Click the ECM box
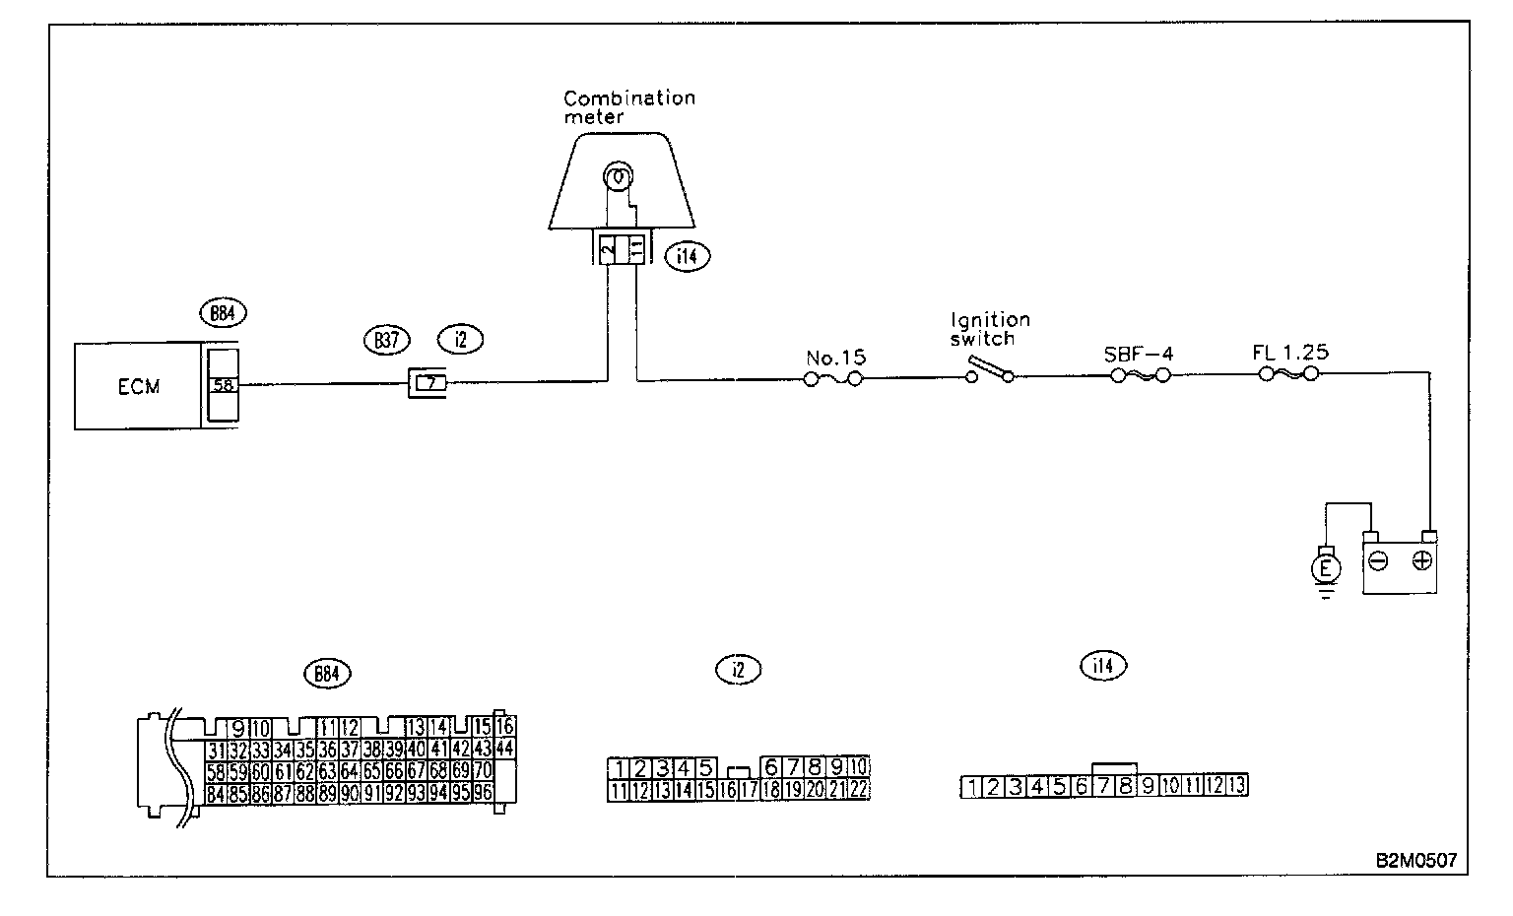click(x=138, y=386)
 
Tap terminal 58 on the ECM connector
click(x=224, y=385)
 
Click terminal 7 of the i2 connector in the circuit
click(x=428, y=381)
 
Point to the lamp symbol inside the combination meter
click(x=617, y=178)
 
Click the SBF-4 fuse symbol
click(x=1140, y=375)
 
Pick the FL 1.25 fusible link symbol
click(x=1290, y=374)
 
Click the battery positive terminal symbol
click(x=1421, y=560)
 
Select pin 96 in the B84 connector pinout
click(x=483, y=791)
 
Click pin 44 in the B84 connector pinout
click(x=505, y=748)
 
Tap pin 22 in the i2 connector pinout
click(x=859, y=788)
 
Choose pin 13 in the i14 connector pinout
click(x=1236, y=785)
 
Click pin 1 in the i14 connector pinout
click(x=972, y=786)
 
